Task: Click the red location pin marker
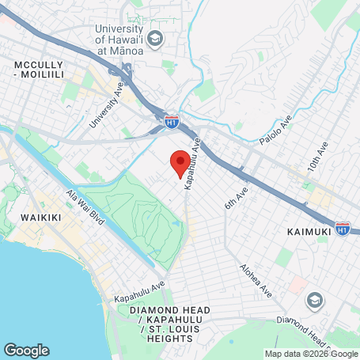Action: [180, 161]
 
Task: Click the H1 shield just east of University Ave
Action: [172, 122]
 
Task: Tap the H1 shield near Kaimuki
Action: [343, 228]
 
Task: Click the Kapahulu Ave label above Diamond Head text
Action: [139, 293]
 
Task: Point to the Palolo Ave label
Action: [275, 131]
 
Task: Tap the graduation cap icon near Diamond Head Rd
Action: [315, 300]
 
